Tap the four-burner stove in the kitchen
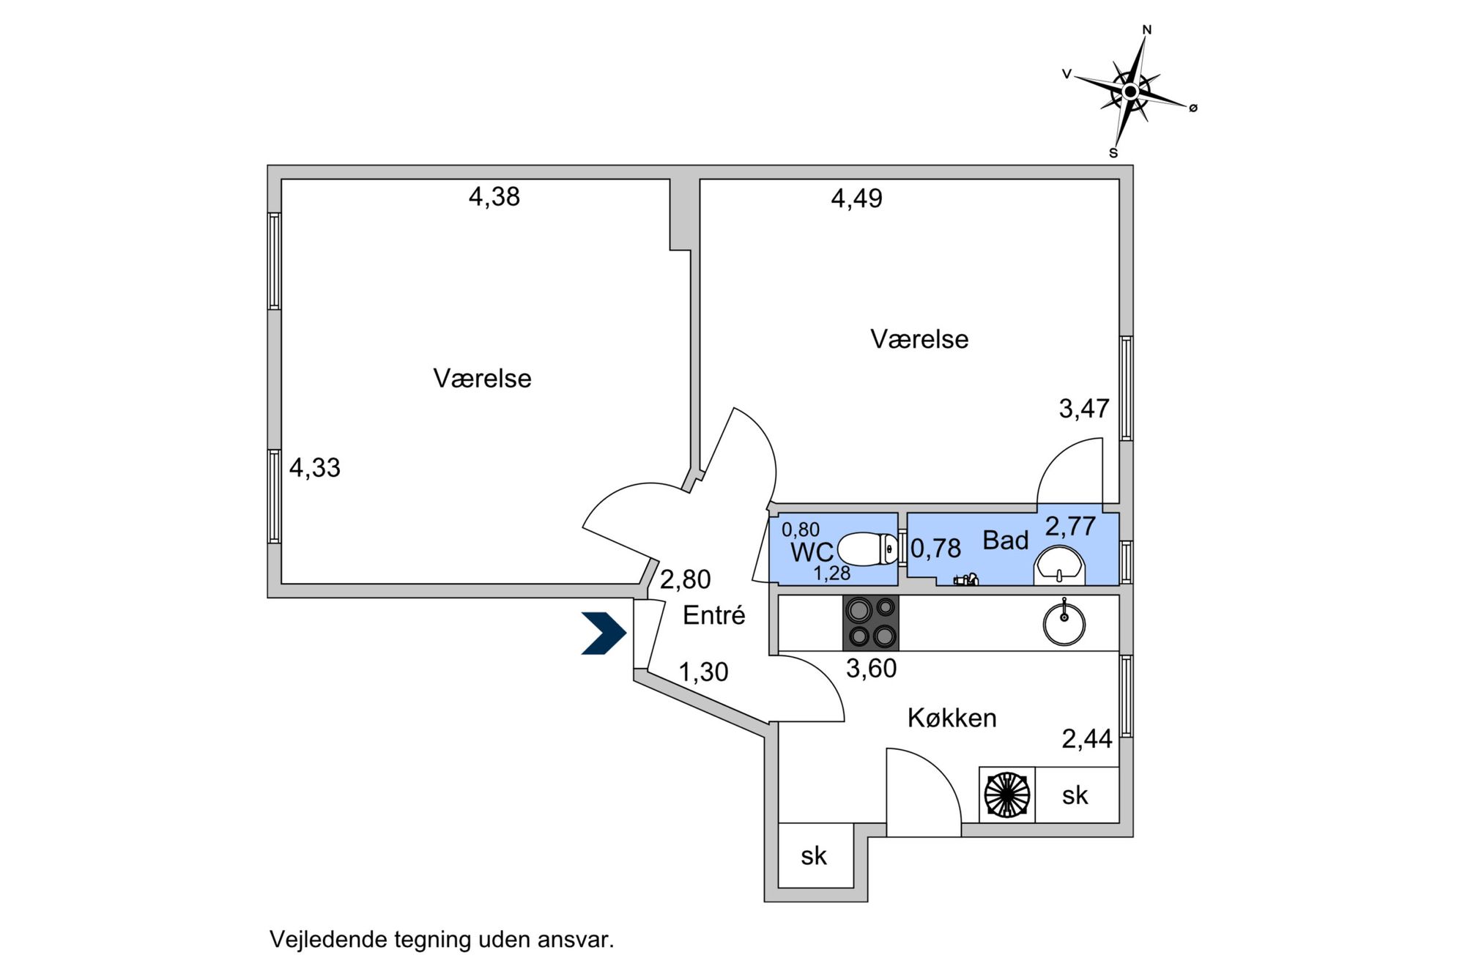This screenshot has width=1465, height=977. [x=871, y=623]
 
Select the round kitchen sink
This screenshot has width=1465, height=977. [x=1064, y=623]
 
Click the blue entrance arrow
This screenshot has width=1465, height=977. [x=604, y=632]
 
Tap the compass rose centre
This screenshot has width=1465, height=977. [x=1130, y=92]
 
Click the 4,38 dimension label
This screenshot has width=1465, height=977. [x=494, y=197]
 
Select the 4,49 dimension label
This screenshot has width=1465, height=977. [x=856, y=198]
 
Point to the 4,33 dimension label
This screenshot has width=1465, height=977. [x=315, y=468]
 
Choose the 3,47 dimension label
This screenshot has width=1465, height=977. [x=1084, y=409]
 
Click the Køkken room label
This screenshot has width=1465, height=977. [x=952, y=718]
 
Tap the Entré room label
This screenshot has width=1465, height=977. [x=713, y=615]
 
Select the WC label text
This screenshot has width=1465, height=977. [x=812, y=552]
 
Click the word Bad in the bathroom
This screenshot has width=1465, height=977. [x=1005, y=540]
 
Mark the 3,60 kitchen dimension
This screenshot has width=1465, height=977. [x=871, y=669]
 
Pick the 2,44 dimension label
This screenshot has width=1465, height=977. [x=1087, y=740]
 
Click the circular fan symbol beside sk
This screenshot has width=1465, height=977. [x=1007, y=795]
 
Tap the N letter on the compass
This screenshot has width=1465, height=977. [x=1147, y=30]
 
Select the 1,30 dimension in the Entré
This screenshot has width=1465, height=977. [x=703, y=672]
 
